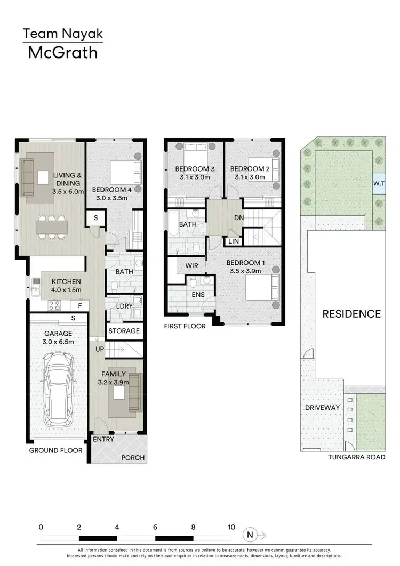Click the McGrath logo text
(x=63, y=53)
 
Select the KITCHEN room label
(x=66, y=282)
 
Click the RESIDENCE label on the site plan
(x=351, y=314)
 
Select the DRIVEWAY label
(x=323, y=408)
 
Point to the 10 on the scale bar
(x=231, y=527)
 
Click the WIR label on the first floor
(x=193, y=265)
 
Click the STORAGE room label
(x=124, y=331)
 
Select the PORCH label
(x=133, y=458)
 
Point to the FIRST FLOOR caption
(x=185, y=326)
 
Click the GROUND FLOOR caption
(x=56, y=450)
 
